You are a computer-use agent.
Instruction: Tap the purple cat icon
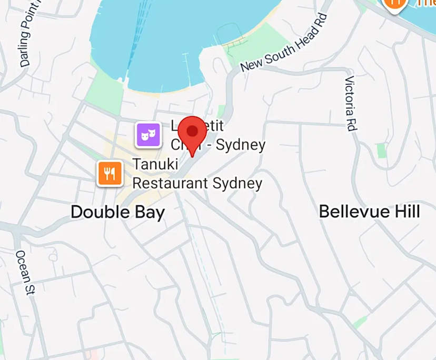(x=148, y=135)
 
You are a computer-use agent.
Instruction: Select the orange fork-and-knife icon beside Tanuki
(x=110, y=174)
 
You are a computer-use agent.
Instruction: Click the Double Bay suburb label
(x=117, y=212)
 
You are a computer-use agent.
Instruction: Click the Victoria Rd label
(x=350, y=103)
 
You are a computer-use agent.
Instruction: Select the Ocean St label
(x=24, y=272)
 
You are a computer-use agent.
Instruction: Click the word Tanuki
(x=157, y=165)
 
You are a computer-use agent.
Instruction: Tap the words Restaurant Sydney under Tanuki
(x=197, y=183)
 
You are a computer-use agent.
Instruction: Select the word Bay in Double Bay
(x=150, y=212)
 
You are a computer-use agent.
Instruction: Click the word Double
(x=100, y=212)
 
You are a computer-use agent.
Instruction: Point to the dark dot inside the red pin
(x=193, y=129)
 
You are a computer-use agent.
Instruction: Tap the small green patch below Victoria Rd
(x=382, y=151)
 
